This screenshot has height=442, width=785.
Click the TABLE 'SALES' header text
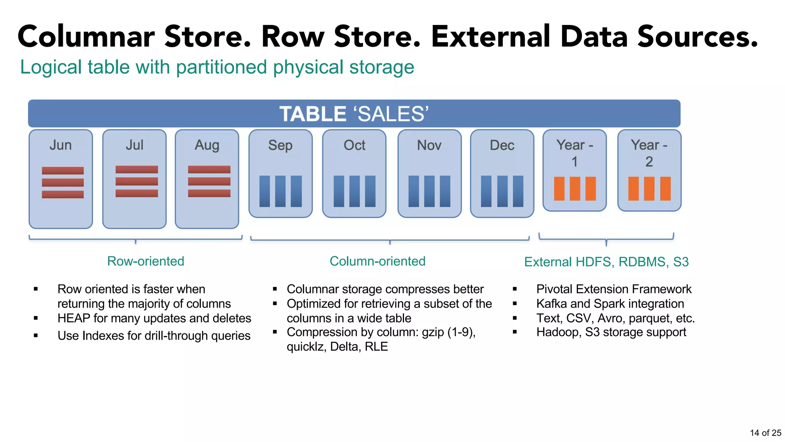(x=354, y=114)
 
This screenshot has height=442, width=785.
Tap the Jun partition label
(x=61, y=145)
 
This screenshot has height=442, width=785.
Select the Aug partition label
(x=207, y=145)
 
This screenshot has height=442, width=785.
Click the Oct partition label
(x=354, y=145)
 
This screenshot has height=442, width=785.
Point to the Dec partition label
(x=502, y=145)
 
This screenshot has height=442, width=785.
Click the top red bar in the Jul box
(x=136, y=169)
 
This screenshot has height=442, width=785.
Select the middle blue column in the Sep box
(x=280, y=191)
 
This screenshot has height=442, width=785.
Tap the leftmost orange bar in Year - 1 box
(x=559, y=188)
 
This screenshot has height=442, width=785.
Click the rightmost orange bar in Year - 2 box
(x=665, y=188)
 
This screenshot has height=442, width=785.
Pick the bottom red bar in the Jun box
(x=62, y=194)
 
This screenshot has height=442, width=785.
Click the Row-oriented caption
(x=146, y=261)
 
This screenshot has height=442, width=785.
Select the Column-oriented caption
(x=378, y=261)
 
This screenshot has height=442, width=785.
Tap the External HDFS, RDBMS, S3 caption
(x=606, y=262)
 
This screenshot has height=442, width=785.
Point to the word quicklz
(x=305, y=346)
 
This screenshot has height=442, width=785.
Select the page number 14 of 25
(x=765, y=433)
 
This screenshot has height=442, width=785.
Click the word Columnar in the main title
(x=86, y=36)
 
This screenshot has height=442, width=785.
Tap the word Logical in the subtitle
(x=51, y=67)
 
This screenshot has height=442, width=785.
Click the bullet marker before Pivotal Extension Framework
(x=515, y=289)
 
